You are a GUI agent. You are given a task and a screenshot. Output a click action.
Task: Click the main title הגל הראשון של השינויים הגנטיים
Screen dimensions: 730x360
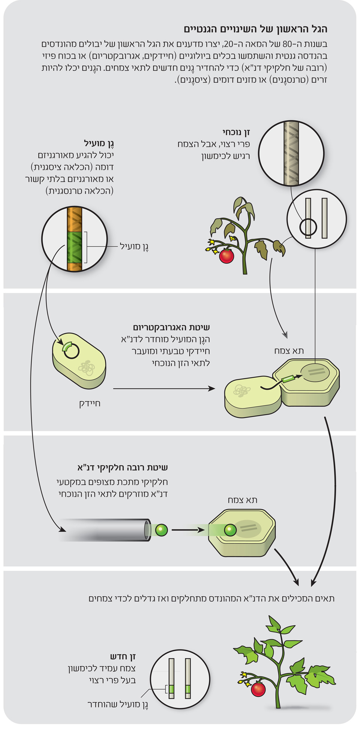point(255,29)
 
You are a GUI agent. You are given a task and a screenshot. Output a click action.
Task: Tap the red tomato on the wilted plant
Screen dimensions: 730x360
point(226,256)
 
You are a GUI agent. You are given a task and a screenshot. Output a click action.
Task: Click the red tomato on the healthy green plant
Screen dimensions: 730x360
point(258,689)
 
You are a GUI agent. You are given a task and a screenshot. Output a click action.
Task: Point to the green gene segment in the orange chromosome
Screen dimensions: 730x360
point(75,247)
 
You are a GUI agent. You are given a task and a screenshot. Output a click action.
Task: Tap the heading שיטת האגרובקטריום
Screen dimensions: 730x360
point(171,327)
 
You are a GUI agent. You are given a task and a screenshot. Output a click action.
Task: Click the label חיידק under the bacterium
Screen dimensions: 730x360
point(90,404)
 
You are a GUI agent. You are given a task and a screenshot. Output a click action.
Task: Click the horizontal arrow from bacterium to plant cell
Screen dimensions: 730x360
point(164,389)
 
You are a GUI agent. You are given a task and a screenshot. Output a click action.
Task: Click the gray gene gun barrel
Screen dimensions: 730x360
point(105,530)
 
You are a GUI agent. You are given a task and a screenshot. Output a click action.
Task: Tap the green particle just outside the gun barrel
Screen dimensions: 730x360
point(161,530)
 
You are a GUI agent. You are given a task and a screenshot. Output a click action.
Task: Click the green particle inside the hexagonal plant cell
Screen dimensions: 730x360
point(230,530)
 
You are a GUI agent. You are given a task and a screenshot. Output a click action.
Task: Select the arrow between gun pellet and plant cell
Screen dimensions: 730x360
point(187,530)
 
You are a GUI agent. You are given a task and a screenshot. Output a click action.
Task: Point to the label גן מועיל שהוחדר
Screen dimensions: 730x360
point(118,704)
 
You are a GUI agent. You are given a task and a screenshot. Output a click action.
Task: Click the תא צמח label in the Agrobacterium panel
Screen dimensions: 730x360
point(289,350)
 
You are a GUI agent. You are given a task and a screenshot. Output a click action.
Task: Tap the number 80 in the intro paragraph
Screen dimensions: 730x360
point(287,44)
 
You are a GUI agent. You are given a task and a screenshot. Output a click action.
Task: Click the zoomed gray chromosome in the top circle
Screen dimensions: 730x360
point(291,153)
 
